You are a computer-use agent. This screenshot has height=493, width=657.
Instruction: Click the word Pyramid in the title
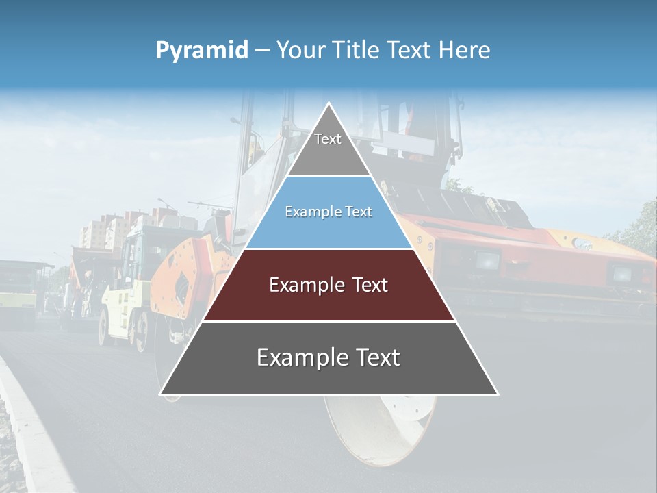point(202,51)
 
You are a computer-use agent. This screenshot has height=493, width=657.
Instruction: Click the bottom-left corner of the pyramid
point(162,394)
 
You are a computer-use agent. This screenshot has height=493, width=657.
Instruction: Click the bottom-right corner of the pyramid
point(497,394)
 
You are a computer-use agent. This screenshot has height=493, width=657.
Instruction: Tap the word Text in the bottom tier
point(376,357)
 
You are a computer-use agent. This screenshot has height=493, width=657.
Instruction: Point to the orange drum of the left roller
point(179,281)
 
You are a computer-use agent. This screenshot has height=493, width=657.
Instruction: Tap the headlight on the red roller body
point(487,260)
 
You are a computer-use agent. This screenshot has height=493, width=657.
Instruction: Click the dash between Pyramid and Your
point(262,51)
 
